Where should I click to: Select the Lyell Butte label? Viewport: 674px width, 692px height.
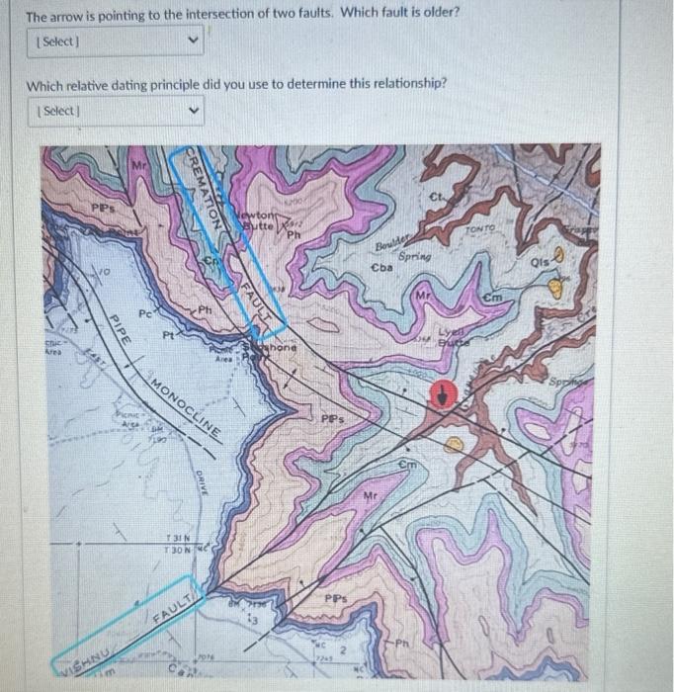click(x=454, y=338)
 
